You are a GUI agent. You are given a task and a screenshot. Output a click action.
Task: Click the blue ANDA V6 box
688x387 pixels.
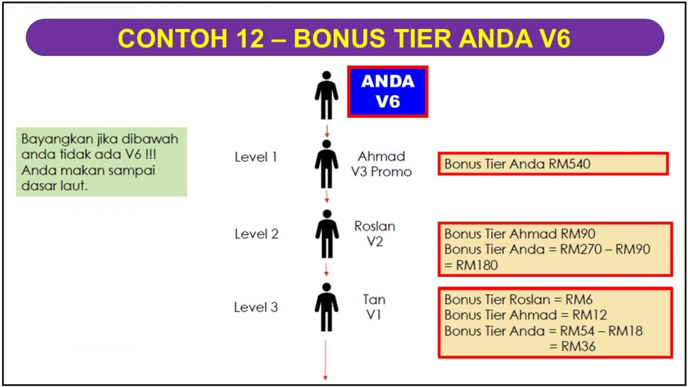coord(387,92)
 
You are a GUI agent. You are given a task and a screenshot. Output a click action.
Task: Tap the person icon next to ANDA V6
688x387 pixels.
coord(326,95)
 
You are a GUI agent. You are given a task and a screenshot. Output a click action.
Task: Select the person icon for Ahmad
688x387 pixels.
coord(326,164)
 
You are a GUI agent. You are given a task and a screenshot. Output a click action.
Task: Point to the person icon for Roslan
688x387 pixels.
coord(326,233)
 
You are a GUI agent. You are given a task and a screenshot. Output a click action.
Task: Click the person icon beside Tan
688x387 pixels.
coord(326,307)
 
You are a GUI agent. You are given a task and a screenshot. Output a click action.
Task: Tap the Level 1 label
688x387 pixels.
coord(256,157)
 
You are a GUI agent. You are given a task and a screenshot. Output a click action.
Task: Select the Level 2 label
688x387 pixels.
coord(256,233)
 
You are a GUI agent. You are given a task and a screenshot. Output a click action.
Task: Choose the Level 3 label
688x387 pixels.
coord(256,307)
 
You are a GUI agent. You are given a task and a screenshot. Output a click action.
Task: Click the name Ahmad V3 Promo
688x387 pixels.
coord(381,164)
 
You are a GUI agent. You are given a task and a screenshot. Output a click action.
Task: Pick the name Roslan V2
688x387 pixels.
coord(375,233)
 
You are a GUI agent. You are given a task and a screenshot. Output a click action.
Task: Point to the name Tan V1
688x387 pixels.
coord(374,307)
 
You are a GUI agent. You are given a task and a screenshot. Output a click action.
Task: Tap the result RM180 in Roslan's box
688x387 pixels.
coord(477,265)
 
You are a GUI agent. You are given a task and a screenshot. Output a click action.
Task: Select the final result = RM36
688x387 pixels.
coord(572,346)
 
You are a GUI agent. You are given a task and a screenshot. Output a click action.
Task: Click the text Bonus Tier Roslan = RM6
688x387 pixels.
coord(519,300)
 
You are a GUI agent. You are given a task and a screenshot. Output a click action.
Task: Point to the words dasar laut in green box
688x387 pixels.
coord(54,186)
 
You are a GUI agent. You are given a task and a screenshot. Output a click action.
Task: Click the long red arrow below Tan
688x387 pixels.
coord(325,360)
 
